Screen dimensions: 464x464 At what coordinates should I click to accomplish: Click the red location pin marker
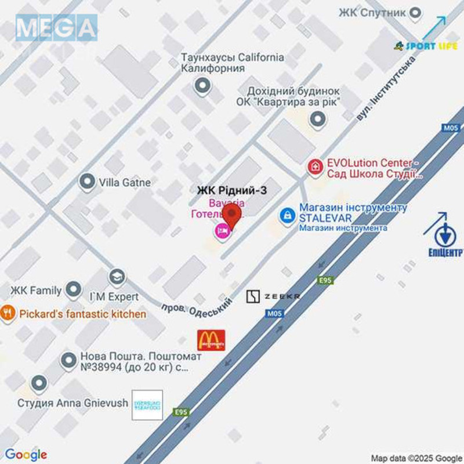point(233,216)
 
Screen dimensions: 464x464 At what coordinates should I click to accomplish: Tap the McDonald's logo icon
point(211,340)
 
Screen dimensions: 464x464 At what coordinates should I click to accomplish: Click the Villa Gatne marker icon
point(87,182)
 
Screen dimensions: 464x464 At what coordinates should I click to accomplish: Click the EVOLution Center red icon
point(315,168)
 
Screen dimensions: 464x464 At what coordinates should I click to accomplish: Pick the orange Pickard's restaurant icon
point(8,314)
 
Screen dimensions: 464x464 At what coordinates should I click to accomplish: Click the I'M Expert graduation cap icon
point(117,277)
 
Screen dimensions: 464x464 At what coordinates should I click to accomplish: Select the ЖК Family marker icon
point(73,289)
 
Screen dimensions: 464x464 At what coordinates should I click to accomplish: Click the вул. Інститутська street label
point(387,87)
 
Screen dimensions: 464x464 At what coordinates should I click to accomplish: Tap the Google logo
point(25,455)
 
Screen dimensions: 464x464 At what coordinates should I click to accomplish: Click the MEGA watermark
point(56,27)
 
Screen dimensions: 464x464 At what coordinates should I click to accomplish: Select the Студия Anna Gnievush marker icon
point(39,383)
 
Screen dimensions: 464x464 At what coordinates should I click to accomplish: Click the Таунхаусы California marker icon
point(202,87)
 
